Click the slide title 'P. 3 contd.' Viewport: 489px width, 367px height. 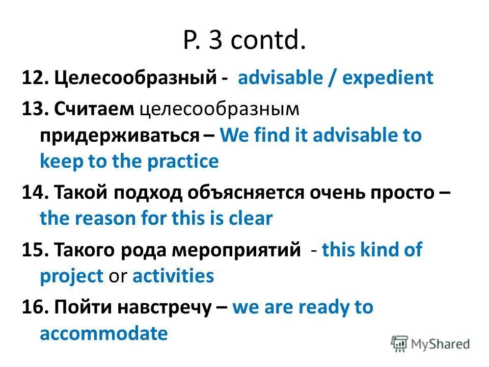point(244,41)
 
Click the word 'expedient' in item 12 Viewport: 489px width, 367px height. point(388,78)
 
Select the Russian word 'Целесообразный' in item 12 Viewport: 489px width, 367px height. point(134,78)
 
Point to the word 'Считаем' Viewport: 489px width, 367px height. point(94,108)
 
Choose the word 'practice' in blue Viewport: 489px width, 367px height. point(183,162)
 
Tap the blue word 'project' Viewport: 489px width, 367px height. point(71,276)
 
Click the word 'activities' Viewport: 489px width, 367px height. point(173,276)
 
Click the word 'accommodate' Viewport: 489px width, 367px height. point(103,334)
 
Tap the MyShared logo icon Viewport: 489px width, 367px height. point(400,344)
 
